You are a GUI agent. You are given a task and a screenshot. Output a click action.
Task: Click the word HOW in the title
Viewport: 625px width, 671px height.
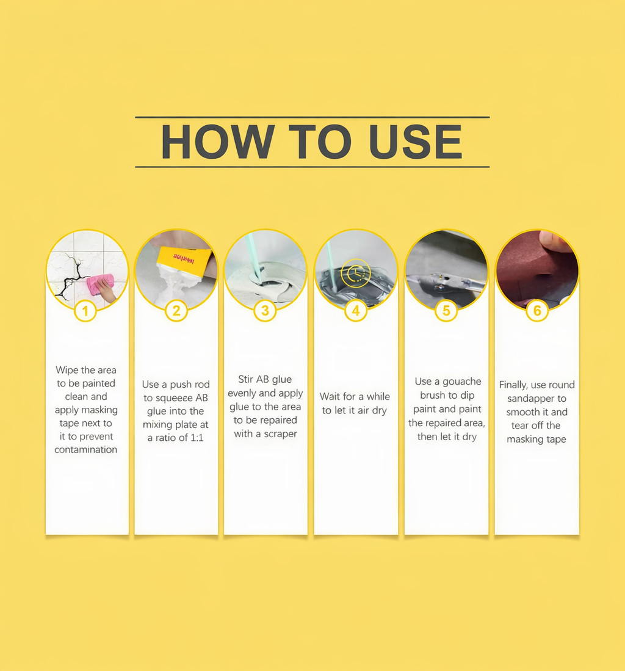(x=217, y=142)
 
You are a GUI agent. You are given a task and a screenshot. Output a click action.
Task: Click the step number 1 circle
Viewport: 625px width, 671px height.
(x=85, y=311)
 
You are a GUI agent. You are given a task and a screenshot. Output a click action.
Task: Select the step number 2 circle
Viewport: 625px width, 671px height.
(x=176, y=311)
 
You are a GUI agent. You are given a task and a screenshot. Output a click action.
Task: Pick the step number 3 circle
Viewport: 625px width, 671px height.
(x=265, y=311)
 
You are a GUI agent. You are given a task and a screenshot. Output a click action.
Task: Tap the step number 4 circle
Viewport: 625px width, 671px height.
(x=355, y=311)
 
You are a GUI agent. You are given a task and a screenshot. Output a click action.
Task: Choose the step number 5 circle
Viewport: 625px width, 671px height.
(x=446, y=311)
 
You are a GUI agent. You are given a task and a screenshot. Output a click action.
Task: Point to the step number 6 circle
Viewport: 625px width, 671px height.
(x=537, y=311)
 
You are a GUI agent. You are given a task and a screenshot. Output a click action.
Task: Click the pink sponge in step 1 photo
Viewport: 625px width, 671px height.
(x=101, y=284)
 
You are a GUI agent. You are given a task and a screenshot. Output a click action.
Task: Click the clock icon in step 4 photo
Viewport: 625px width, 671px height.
(x=355, y=273)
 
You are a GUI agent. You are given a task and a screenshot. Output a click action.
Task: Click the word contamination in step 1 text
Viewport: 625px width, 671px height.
(x=85, y=450)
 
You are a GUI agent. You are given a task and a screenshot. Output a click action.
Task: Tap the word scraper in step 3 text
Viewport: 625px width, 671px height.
(x=281, y=434)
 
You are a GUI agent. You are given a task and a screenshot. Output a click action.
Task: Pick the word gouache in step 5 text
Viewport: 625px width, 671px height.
(x=461, y=382)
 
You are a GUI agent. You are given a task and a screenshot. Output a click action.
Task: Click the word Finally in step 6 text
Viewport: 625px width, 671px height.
(x=513, y=385)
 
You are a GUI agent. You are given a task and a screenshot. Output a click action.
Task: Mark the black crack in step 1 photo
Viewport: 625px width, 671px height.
(x=73, y=278)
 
